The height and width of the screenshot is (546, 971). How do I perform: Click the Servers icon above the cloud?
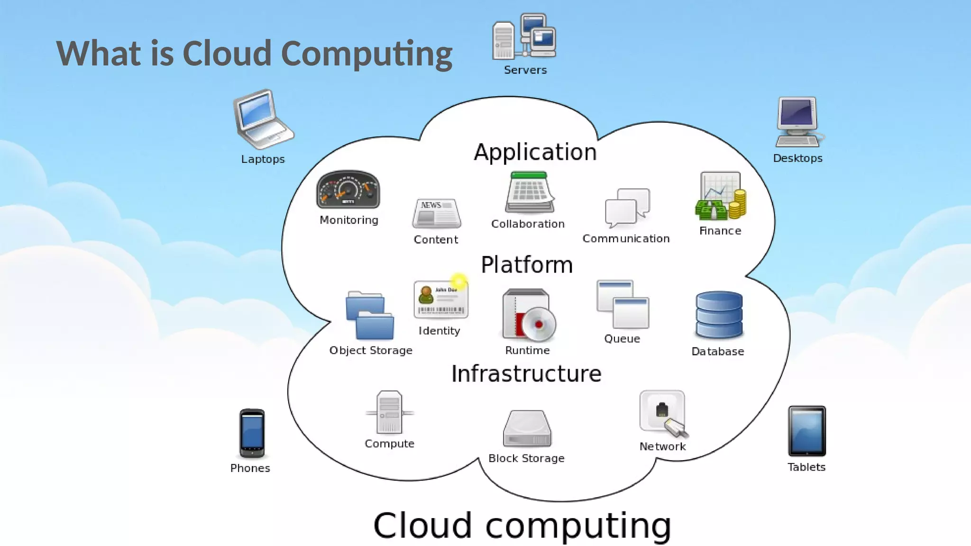[524, 37]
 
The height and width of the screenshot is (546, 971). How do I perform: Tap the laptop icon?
[262, 119]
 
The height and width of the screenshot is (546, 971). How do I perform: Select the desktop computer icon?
[798, 122]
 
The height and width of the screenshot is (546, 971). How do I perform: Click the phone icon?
[252, 433]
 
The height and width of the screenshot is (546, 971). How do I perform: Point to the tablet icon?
[806, 431]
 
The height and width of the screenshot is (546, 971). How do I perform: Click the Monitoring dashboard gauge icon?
[348, 190]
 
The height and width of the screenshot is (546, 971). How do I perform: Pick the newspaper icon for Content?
[436, 213]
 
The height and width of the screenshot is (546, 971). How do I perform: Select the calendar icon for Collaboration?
[530, 192]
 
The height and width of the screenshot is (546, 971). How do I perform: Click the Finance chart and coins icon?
[720, 197]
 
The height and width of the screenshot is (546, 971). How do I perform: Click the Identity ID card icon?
[440, 300]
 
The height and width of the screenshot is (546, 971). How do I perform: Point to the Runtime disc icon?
[528, 316]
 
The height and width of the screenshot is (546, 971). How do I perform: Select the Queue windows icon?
[623, 304]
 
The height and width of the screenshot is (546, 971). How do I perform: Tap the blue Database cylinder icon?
[719, 315]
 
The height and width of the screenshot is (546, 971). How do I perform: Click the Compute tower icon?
[389, 412]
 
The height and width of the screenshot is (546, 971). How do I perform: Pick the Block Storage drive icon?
[527, 429]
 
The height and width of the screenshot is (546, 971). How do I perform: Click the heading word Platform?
[527, 265]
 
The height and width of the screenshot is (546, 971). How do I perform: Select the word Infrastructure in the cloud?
[526, 374]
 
